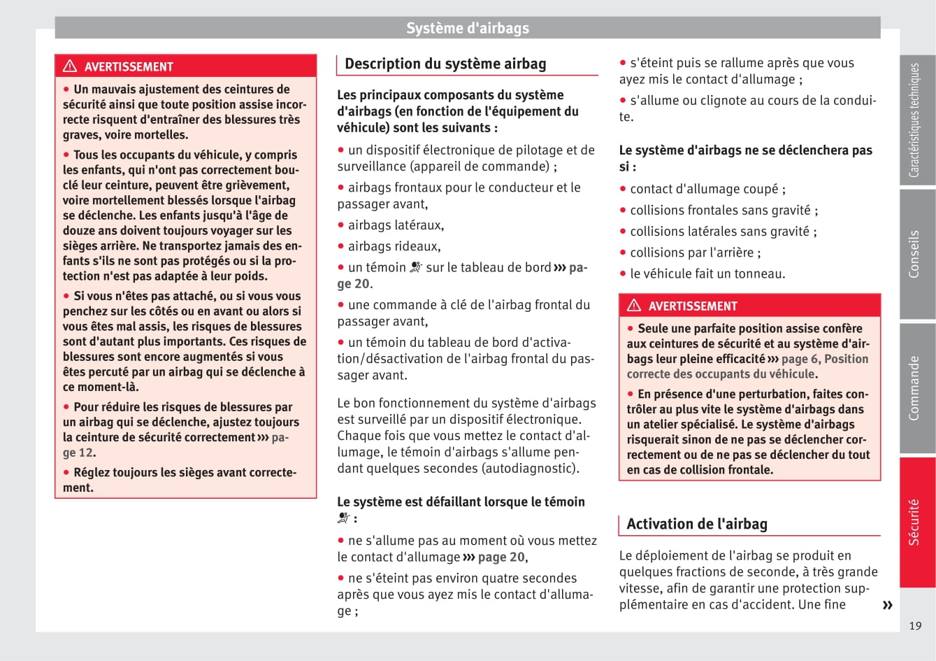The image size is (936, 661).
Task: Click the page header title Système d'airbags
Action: (x=468, y=28)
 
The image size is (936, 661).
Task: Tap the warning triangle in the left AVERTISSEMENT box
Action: (x=70, y=66)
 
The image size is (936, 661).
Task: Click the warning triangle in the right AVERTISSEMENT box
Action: (x=634, y=306)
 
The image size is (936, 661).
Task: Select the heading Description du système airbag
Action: (x=445, y=64)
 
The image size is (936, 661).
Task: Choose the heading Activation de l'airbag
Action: (x=697, y=524)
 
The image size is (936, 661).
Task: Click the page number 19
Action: (x=915, y=626)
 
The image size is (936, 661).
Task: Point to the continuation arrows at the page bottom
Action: (x=887, y=605)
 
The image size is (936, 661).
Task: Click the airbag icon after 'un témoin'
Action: (x=416, y=267)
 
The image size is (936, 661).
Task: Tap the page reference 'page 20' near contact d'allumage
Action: (x=501, y=557)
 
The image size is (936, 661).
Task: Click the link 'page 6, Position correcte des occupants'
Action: (x=747, y=367)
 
